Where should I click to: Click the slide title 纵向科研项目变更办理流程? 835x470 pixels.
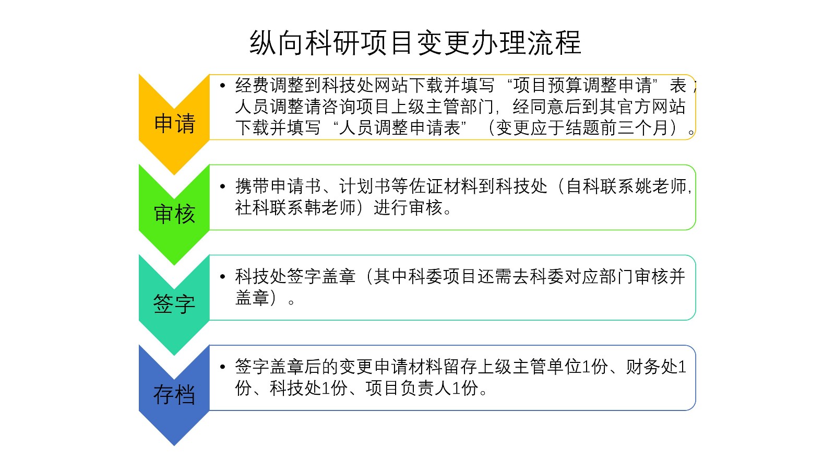[x=415, y=43]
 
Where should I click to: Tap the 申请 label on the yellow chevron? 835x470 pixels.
[x=174, y=123]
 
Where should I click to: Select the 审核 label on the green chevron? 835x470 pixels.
[x=174, y=214]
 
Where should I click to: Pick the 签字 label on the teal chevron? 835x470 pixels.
[x=174, y=304]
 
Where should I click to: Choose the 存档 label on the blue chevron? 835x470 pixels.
[x=174, y=394]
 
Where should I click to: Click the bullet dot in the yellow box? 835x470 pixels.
[x=222, y=86]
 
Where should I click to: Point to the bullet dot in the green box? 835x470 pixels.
[x=222, y=186]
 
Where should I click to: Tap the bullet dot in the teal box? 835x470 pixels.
[x=222, y=276]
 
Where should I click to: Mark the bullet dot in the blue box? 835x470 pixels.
[x=222, y=367]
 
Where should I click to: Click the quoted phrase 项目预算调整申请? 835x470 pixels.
[x=582, y=85]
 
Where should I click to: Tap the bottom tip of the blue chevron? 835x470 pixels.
[x=174, y=445]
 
